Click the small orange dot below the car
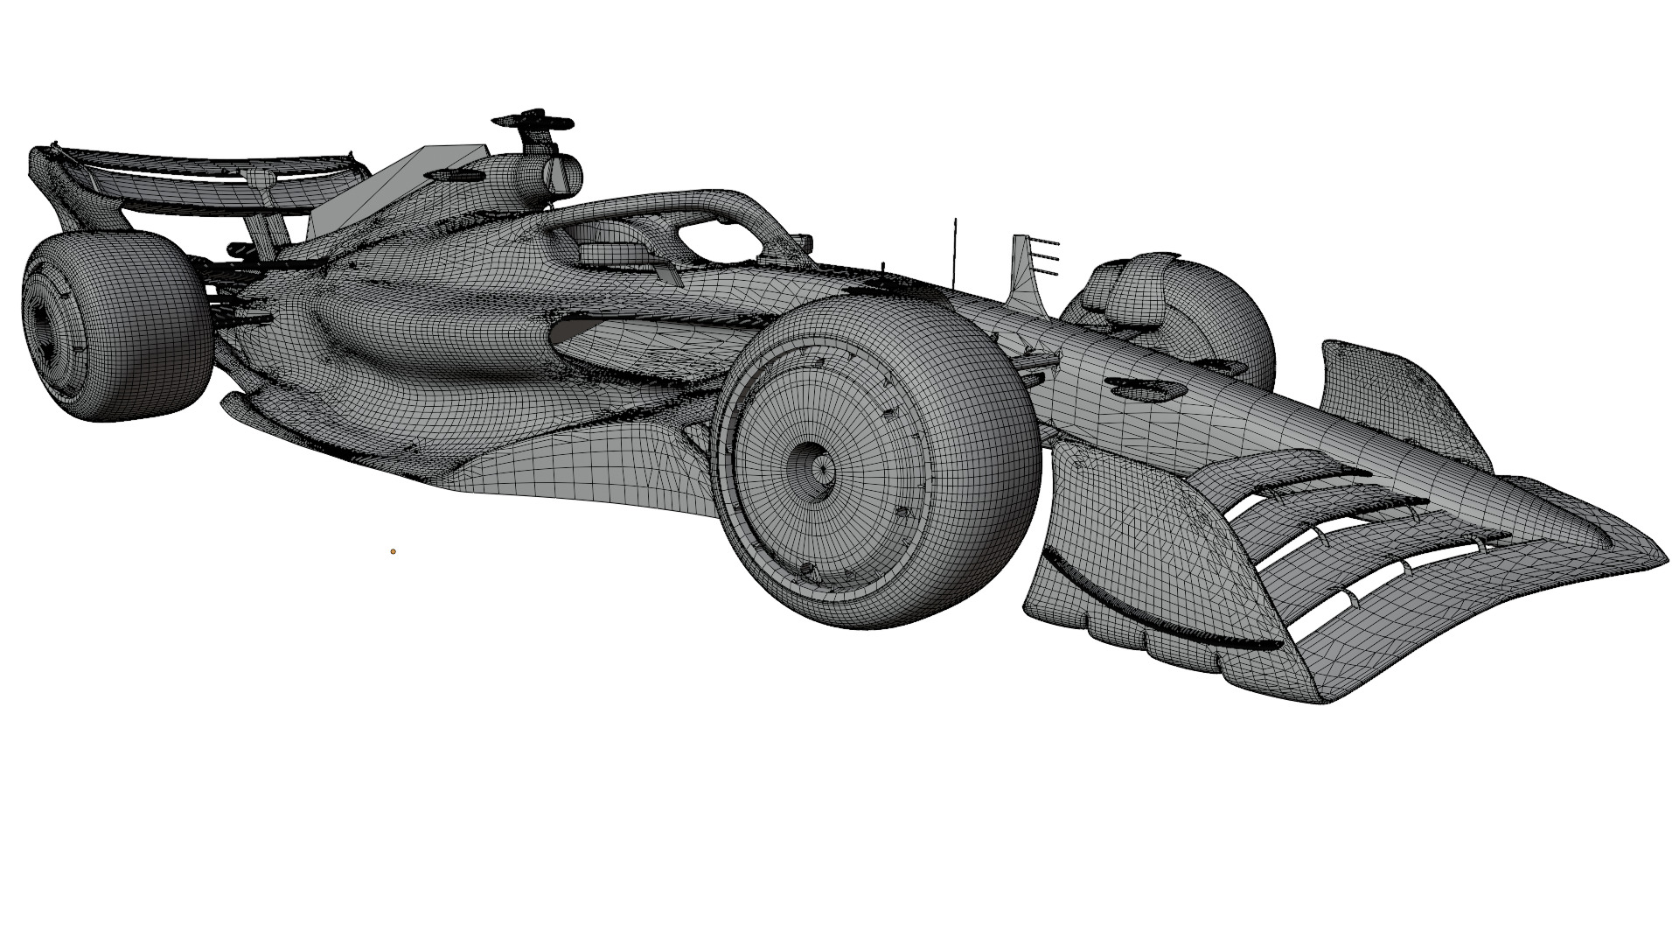pyautogui.click(x=394, y=551)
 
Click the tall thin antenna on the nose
pyautogui.click(x=955, y=249)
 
